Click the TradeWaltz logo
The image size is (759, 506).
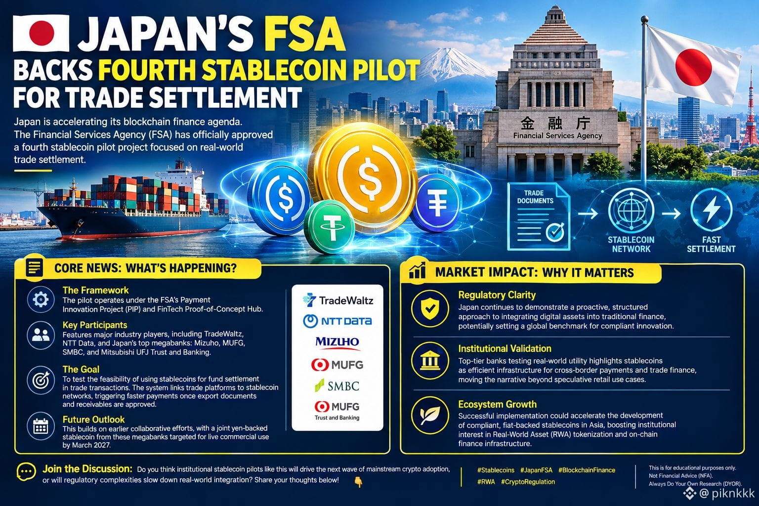click(x=337, y=300)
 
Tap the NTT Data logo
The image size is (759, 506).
click(x=337, y=321)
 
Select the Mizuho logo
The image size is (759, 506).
click(x=337, y=342)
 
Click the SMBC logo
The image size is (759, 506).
click(x=337, y=386)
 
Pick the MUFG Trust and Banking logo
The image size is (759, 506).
click(x=337, y=411)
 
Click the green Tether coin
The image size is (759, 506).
click(x=330, y=226)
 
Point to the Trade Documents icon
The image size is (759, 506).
click(x=539, y=216)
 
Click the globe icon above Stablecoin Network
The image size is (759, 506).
click(x=631, y=211)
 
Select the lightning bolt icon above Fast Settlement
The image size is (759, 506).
click(x=711, y=210)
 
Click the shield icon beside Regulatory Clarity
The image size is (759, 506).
click(x=430, y=308)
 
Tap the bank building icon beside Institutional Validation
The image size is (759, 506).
click(x=430, y=361)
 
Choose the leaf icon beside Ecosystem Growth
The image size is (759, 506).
click(x=430, y=415)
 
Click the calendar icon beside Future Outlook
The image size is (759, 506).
click(x=41, y=426)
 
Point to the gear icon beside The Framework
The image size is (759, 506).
click(x=41, y=299)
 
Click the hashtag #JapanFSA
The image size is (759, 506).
click(x=536, y=470)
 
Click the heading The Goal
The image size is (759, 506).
click(x=81, y=369)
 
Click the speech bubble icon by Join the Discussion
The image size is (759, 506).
click(x=26, y=472)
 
